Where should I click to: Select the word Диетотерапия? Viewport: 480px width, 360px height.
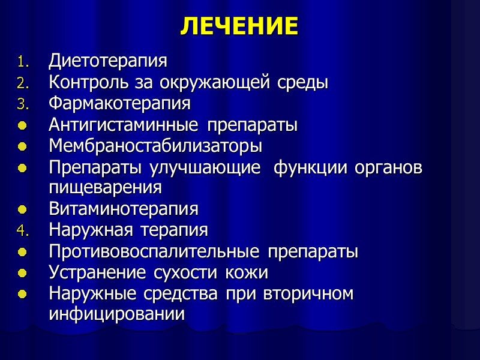(x=108, y=61)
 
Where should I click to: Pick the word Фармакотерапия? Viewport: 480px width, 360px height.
(x=120, y=103)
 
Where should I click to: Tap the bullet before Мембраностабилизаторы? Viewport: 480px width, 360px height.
(x=22, y=146)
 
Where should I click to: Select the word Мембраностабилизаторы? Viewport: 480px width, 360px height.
(x=155, y=146)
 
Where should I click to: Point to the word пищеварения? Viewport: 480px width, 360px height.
(x=105, y=188)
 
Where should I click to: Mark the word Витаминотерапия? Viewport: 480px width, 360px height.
(x=124, y=209)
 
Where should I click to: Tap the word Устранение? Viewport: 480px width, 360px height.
(x=97, y=272)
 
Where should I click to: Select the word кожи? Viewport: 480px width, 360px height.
(x=247, y=273)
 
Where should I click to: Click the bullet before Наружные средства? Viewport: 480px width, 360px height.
(x=22, y=294)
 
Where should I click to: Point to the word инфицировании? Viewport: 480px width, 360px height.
(x=116, y=314)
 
